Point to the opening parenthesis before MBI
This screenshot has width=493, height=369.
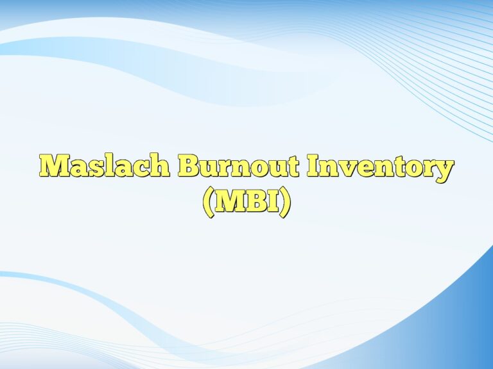(x=207, y=203)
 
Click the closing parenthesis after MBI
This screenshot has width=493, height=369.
(x=285, y=203)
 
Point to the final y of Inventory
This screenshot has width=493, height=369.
(x=444, y=170)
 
